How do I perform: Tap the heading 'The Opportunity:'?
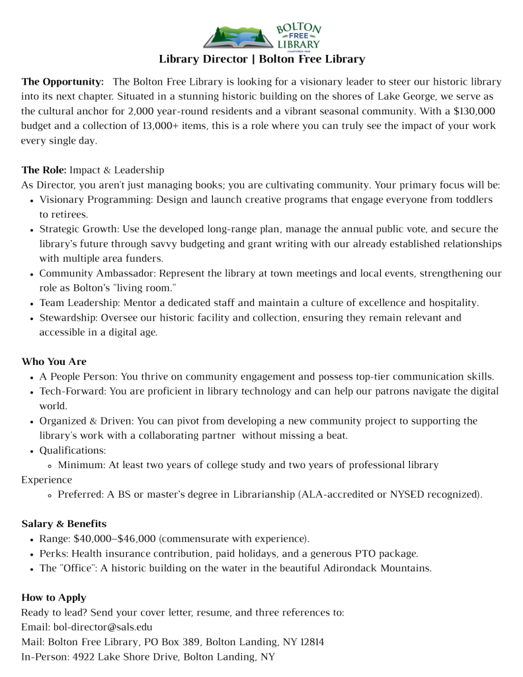(63, 82)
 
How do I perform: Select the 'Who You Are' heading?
(54, 362)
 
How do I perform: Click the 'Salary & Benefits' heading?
(63, 524)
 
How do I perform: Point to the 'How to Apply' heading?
(54, 598)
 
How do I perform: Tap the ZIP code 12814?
(309, 642)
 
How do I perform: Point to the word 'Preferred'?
(80, 495)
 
